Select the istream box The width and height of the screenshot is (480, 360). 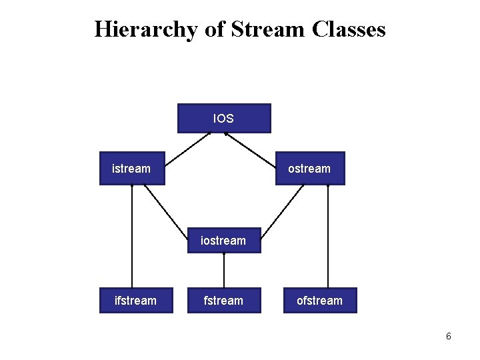[131, 169]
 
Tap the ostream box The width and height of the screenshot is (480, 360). [309, 169]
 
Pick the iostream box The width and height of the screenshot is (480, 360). [223, 240]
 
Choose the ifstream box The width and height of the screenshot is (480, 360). [136, 301]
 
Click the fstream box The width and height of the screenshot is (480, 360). [223, 301]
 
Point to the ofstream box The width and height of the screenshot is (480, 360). [319, 301]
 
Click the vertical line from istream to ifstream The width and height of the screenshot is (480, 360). [132, 237]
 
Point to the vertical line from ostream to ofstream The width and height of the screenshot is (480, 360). [328, 237]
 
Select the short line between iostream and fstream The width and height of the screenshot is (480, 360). [223, 271]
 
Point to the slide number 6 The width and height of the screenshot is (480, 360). [449, 337]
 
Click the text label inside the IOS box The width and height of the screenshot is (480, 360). [223, 119]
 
